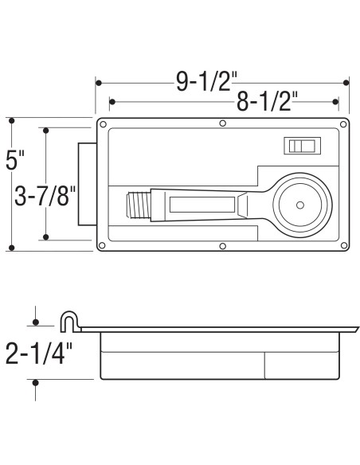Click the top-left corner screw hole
pyautogui.click(x=104, y=125)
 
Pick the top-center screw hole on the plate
pyautogui.click(x=223, y=123)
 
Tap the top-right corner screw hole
pyautogui.click(x=342, y=125)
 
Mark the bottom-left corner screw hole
pyautogui.click(x=104, y=245)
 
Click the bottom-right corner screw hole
pyautogui.click(x=342, y=245)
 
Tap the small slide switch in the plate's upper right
pyautogui.click(x=303, y=146)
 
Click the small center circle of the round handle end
pyautogui.click(x=300, y=206)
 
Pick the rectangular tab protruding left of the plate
pyautogui.click(x=86, y=185)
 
